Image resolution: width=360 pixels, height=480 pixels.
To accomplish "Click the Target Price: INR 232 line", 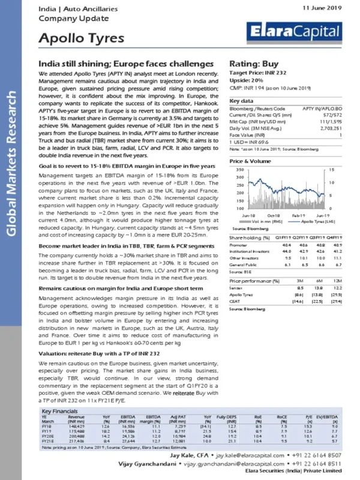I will (260, 73).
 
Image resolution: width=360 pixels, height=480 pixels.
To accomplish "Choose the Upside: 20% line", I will (249, 80).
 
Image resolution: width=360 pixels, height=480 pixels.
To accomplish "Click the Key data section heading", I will (242, 101).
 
